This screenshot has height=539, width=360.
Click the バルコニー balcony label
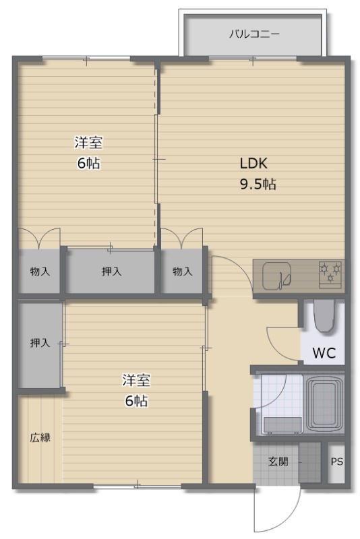pos(254,34)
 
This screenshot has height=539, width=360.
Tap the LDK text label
pos(253,163)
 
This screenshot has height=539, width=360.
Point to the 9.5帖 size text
pos(258,184)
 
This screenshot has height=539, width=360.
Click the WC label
pos(324,352)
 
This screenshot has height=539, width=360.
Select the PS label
pos(336,462)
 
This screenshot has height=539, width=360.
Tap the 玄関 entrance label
pos(278,462)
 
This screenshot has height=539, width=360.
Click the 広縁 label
pos(40,438)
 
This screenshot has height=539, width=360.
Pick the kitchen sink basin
pos(277,276)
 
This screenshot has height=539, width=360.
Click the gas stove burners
pos(330,274)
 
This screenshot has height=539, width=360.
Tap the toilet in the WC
pos(324,316)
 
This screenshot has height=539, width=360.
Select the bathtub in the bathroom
pos(324,405)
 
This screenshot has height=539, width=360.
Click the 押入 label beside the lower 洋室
pos(40,343)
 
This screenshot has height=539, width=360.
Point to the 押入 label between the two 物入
pos(111,272)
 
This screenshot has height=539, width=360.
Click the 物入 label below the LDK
pos(182,272)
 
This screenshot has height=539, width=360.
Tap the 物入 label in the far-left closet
pos(40,272)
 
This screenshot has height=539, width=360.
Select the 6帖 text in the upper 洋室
pos(89,163)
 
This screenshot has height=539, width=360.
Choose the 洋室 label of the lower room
pos(136,380)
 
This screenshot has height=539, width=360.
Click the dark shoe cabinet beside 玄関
pos(310,462)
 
